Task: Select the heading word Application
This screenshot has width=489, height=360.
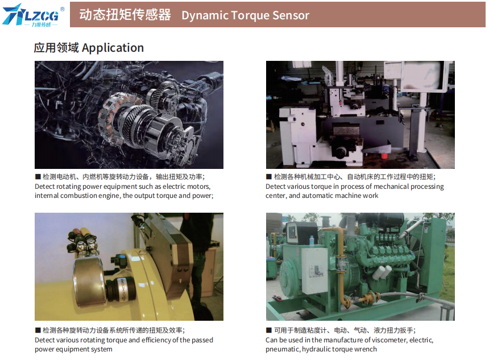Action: (x=113, y=48)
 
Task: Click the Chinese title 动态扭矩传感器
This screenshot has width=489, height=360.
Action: (x=125, y=15)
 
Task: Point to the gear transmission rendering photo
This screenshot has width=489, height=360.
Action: (x=129, y=114)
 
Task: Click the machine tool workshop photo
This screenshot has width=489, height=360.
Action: (x=360, y=114)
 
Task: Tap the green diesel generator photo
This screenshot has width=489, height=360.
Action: (x=360, y=266)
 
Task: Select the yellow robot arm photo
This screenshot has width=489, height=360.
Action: (x=129, y=266)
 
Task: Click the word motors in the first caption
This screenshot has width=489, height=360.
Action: (x=198, y=187)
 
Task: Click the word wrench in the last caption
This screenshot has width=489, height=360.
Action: (x=366, y=349)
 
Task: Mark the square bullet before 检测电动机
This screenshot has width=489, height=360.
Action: (x=38, y=177)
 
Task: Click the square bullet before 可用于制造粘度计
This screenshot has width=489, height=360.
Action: (x=269, y=330)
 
